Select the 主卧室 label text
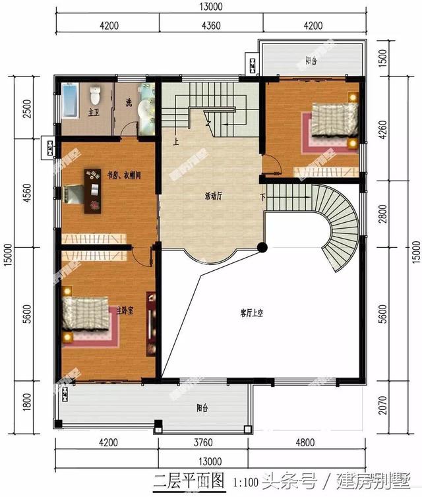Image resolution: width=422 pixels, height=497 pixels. pos(125,310)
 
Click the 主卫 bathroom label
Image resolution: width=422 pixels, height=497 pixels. pos(93,113)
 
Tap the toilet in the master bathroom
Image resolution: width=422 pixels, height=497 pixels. pos(96,96)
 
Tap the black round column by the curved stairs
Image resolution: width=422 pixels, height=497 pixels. pos(262,247)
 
